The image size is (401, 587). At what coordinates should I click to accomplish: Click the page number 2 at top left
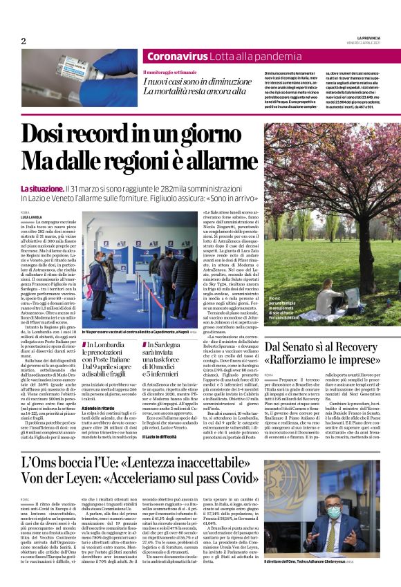pyautogui.click(x=24, y=41)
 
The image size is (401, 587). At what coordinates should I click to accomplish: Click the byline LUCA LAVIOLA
pyautogui.click(x=31, y=216)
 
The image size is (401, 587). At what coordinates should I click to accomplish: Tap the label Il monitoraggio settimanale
pyautogui.click(x=170, y=72)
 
